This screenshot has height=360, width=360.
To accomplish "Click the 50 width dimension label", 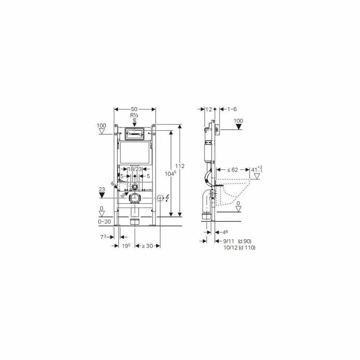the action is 134,109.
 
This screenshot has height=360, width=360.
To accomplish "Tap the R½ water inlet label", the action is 134,115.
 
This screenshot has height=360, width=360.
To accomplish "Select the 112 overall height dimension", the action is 180,166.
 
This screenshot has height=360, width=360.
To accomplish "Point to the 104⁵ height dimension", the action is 170,174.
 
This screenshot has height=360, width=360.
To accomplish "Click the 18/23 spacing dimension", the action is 135,169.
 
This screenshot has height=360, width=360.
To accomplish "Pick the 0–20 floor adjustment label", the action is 104,222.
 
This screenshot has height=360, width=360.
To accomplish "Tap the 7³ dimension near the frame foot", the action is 103,237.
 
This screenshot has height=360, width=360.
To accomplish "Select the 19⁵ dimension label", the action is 126,246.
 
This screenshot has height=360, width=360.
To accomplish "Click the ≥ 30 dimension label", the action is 147,246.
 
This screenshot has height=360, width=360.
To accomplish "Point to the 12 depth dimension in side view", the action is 208,109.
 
